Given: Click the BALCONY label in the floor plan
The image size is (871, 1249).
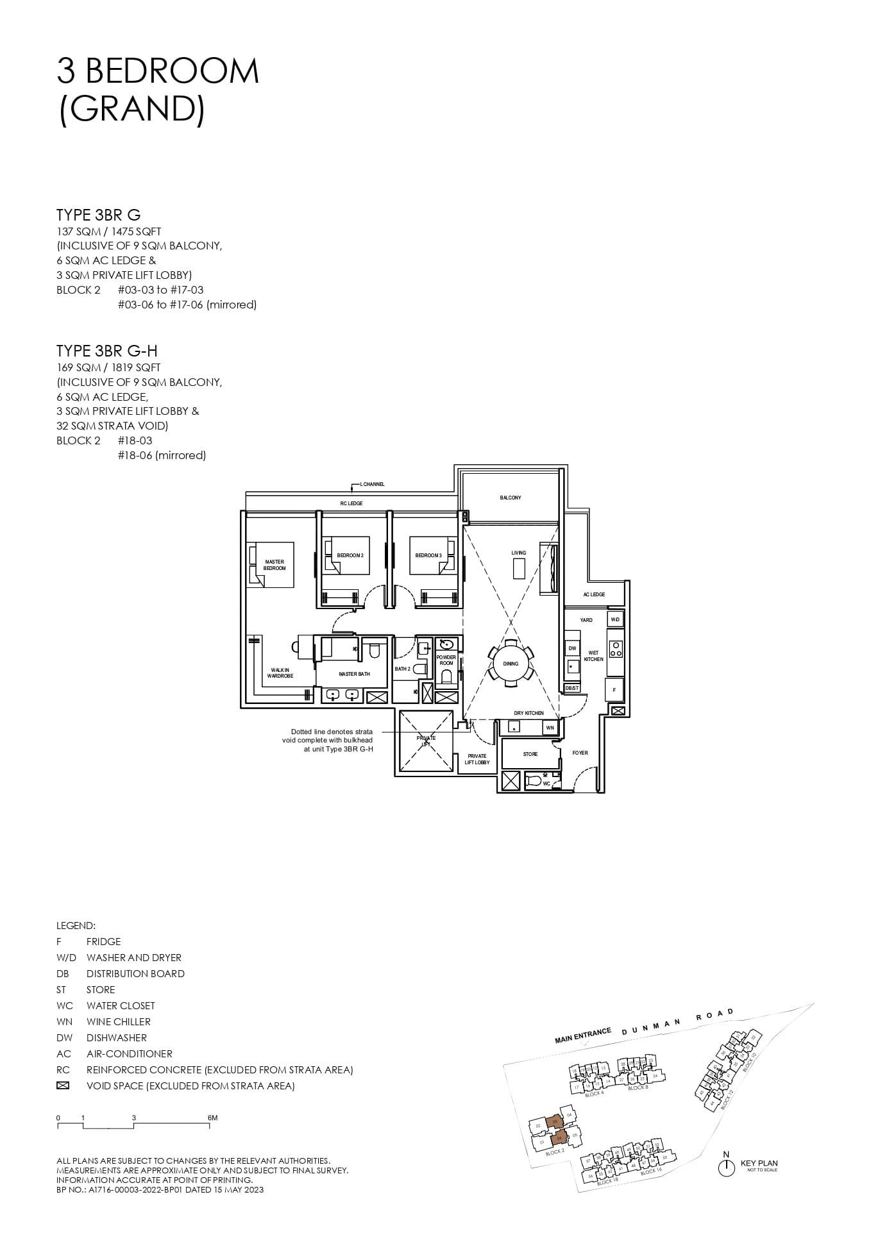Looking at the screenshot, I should pyautogui.click(x=510, y=498).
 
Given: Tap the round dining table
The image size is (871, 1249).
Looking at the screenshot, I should pyautogui.click(x=511, y=664).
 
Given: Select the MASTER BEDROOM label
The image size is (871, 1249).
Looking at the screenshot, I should pyautogui.click(x=275, y=565).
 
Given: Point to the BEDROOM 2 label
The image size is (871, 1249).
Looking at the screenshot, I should pyautogui.click(x=350, y=555).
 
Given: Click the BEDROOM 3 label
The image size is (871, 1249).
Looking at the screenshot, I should pyautogui.click(x=428, y=555).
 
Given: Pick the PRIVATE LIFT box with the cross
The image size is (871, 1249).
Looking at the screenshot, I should pyautogui.click(x=426, y=741).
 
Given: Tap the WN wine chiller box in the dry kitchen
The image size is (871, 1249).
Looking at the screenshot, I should pyautogui.click(x=550, y=728).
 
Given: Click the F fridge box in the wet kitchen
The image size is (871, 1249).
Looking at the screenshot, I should pyautogui.click(x=614, y=690).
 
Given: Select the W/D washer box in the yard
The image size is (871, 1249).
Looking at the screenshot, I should pyautogui.click(x=614, y=619).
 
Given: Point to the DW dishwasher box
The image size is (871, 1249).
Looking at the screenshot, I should pyautogui.click(x=572, y=648).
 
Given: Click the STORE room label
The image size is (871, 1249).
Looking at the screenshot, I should pyautogui.click(x=530, y=754).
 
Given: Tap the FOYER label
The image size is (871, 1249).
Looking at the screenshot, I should pyautogui.click(x=580, y=753).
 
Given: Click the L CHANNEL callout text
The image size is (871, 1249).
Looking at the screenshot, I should pyautogui.click(x=372, y=484).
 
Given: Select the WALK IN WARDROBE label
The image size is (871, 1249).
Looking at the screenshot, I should pyautogui.click(x=280, y=673).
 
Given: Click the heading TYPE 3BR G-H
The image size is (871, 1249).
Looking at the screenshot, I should pyautogui.click(x=106, y=351).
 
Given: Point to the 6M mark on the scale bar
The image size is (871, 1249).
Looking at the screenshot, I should pyautogui.click(x=212, y=1118).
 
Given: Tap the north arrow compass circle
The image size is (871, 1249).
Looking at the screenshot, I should pyautogui.click(x=726, y=1168).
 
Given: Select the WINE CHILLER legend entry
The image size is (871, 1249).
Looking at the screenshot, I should pyautogui.click(x=118, y=1021).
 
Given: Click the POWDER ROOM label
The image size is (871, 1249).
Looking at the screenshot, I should pyautogui.click(x=446, y=660).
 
